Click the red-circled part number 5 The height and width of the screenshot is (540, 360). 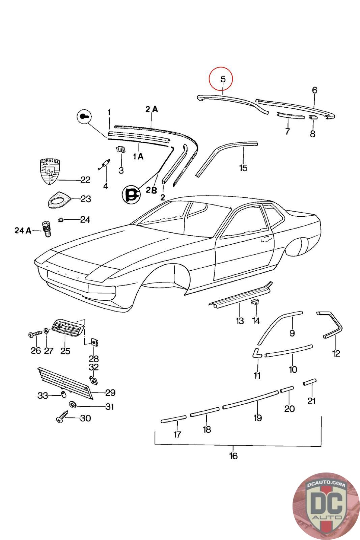(222, 79)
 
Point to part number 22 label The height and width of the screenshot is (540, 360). (85, 180)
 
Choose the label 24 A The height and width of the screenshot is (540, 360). (23, 231)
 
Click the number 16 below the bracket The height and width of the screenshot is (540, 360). (233, 456)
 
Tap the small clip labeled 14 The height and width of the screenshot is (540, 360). (255, 301)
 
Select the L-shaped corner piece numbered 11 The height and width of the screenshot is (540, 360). (256, 353)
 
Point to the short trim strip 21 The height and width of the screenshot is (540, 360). (310, 382)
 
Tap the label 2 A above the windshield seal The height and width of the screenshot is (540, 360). (151, 109)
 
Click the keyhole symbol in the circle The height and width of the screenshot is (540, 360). (84, 117)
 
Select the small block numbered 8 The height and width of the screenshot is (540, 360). (312, 117)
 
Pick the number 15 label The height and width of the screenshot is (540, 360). (243, 168)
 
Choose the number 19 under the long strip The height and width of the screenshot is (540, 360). (257, 418)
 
